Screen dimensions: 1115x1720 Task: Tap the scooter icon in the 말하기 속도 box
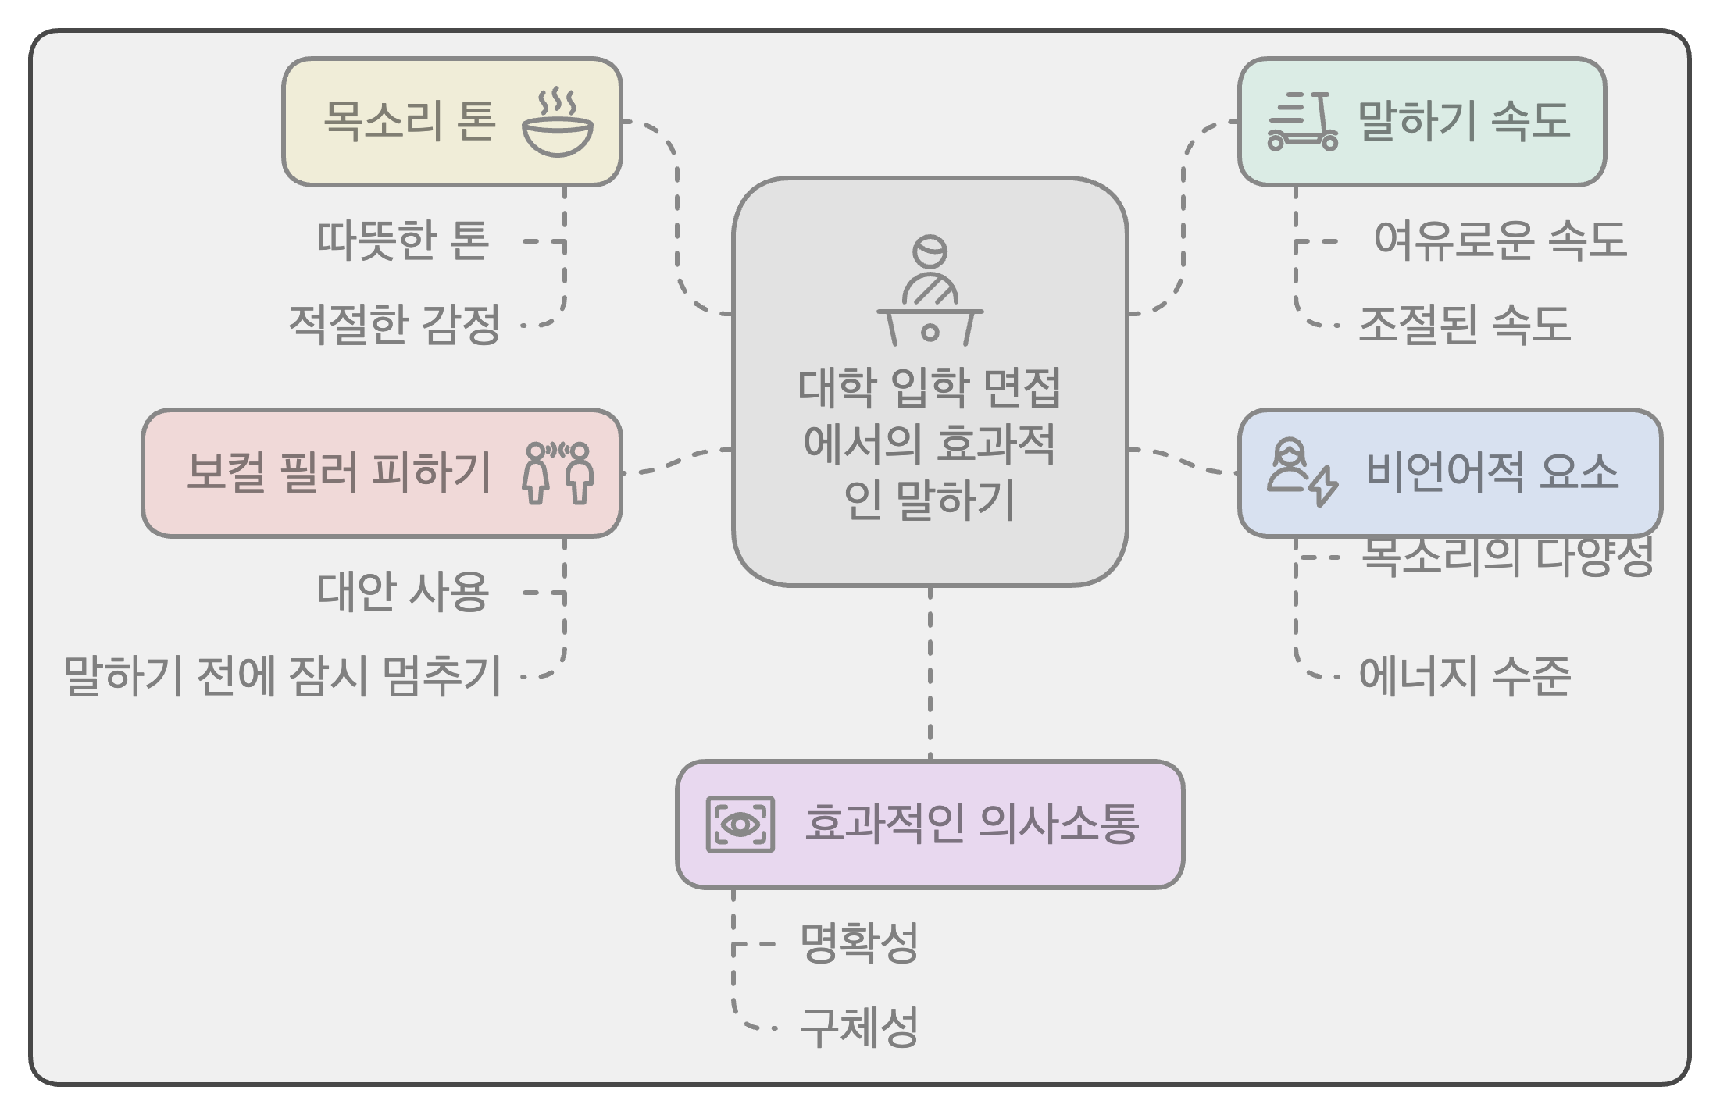[1302, 122]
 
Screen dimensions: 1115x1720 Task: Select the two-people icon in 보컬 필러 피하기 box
[558, 472]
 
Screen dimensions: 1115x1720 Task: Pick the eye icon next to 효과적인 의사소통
[740, 825]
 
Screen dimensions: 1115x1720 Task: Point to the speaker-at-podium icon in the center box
[930, 291]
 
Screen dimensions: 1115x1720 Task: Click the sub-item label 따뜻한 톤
[403, 240]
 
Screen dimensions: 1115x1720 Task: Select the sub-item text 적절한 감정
[394, 324]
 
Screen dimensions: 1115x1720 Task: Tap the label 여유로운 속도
[1500, 240]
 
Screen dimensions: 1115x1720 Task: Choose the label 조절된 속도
[1465, 324]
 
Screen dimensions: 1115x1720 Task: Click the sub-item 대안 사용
[403, 592]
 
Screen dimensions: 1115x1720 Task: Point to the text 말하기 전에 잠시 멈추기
[282, 676]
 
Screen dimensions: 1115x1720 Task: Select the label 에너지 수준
[1465, 676]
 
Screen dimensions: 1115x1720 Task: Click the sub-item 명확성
[858, 943]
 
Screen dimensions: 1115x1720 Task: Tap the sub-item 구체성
[858, 1028]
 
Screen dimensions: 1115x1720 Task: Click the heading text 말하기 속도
[1465, 122]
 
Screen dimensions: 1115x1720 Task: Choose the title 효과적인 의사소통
[972, 825]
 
